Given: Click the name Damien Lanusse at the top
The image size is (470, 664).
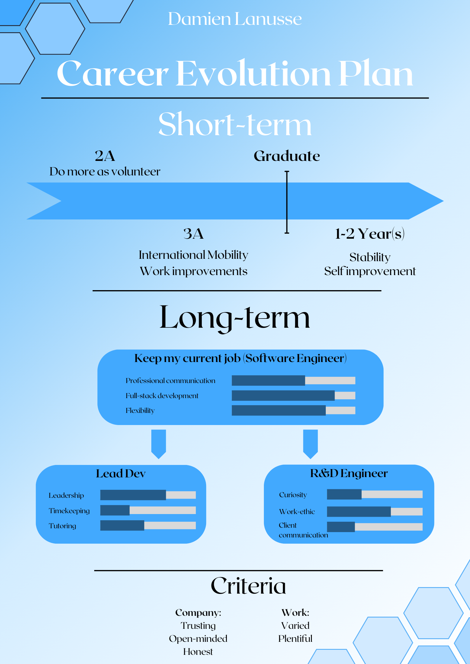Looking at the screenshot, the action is [x=235, y=19].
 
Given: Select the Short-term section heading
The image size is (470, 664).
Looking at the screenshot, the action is [x=235, y=124].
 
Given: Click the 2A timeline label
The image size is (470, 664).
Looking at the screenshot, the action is [x=105, y=156].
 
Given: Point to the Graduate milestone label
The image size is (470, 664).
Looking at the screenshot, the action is [x=287, y=156].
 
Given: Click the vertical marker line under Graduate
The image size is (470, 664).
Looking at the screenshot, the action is [x=287, y=202].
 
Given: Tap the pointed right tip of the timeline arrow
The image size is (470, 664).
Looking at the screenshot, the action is [x=443, y=201].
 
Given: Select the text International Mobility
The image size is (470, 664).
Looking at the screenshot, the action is [x=193, y=255].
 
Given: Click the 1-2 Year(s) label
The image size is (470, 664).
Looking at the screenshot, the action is [x=370, y=234].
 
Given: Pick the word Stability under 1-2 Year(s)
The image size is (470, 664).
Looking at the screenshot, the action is [x=370, y=257].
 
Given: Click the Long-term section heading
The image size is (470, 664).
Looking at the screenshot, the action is [x=235, y=318].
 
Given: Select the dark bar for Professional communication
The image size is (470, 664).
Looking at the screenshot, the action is [x=268, y=380].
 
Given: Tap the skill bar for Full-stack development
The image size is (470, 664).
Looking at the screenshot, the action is [x=293, y=395].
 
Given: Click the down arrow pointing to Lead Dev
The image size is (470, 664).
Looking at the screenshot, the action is [x=158, y=444].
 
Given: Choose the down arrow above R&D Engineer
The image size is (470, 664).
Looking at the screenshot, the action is [x=310, y=444].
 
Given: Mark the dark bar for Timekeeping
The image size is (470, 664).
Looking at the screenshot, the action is [x=115, y=510].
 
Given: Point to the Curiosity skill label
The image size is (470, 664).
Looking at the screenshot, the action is [x=293, y=495].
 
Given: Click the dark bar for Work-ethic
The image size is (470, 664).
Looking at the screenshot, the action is [x=359, y=512].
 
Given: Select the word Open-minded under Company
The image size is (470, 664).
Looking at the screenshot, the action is [x=198, y=639].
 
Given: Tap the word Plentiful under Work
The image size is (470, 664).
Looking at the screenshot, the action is [x=295, y=639].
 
